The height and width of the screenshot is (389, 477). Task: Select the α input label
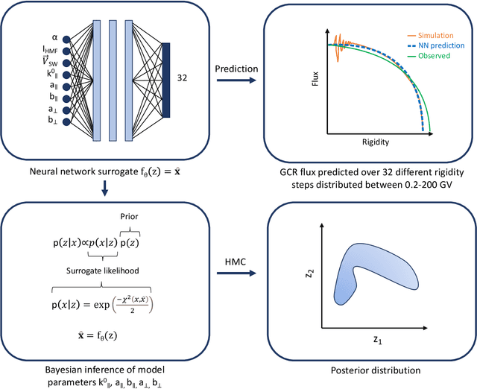click(x=54, y=37)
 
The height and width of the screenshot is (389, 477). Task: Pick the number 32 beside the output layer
click(x=183, y=76)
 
